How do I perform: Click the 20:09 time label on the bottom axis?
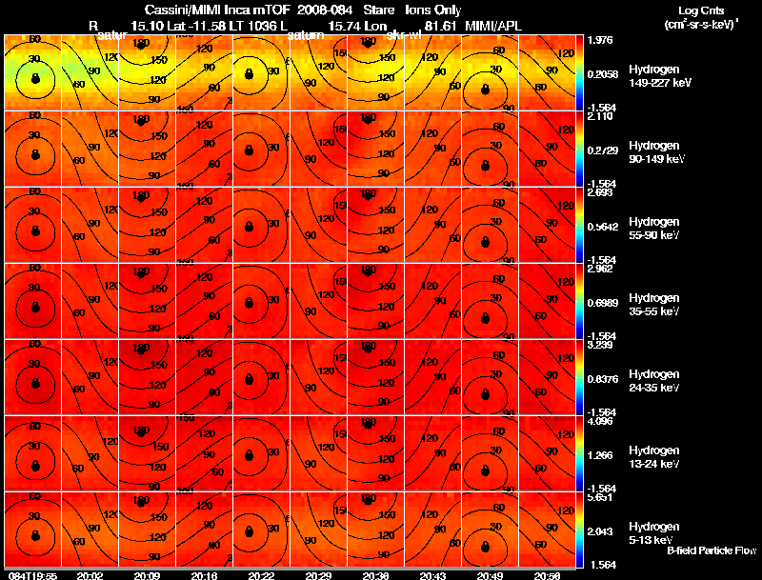point(146,575)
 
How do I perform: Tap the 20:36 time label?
point(375,575)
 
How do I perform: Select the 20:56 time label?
point(547,575)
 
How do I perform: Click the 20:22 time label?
point(260,575)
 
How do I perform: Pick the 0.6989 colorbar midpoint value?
point(603,301)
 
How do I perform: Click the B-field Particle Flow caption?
point(711,550)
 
